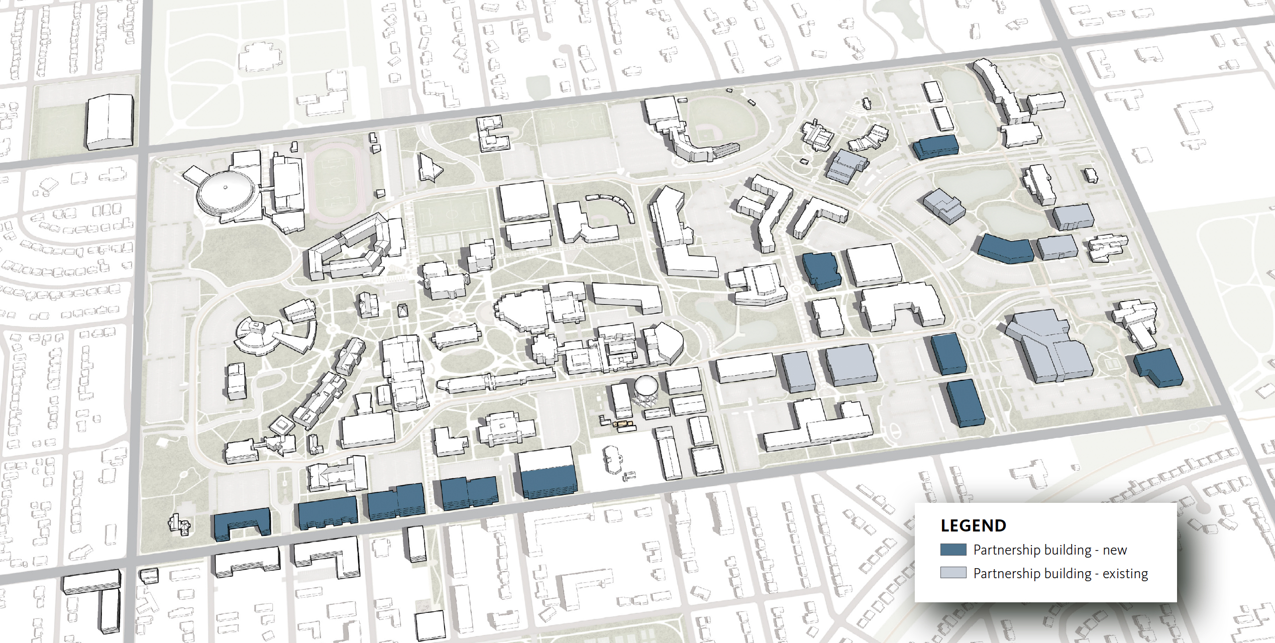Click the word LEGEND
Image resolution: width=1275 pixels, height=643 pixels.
(973, 525)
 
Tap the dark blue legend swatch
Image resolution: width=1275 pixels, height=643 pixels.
(953, 550)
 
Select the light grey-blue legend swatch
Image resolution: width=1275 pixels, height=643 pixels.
(953, 573)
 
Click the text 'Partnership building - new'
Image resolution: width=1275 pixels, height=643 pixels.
(1050, 550)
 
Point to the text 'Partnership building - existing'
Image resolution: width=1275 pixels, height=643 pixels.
(1060, 574)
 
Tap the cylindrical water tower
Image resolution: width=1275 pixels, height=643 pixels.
(646, 390)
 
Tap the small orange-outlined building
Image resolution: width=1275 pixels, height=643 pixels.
(623, 426)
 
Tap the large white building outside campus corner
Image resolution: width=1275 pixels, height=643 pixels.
(110, 122)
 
